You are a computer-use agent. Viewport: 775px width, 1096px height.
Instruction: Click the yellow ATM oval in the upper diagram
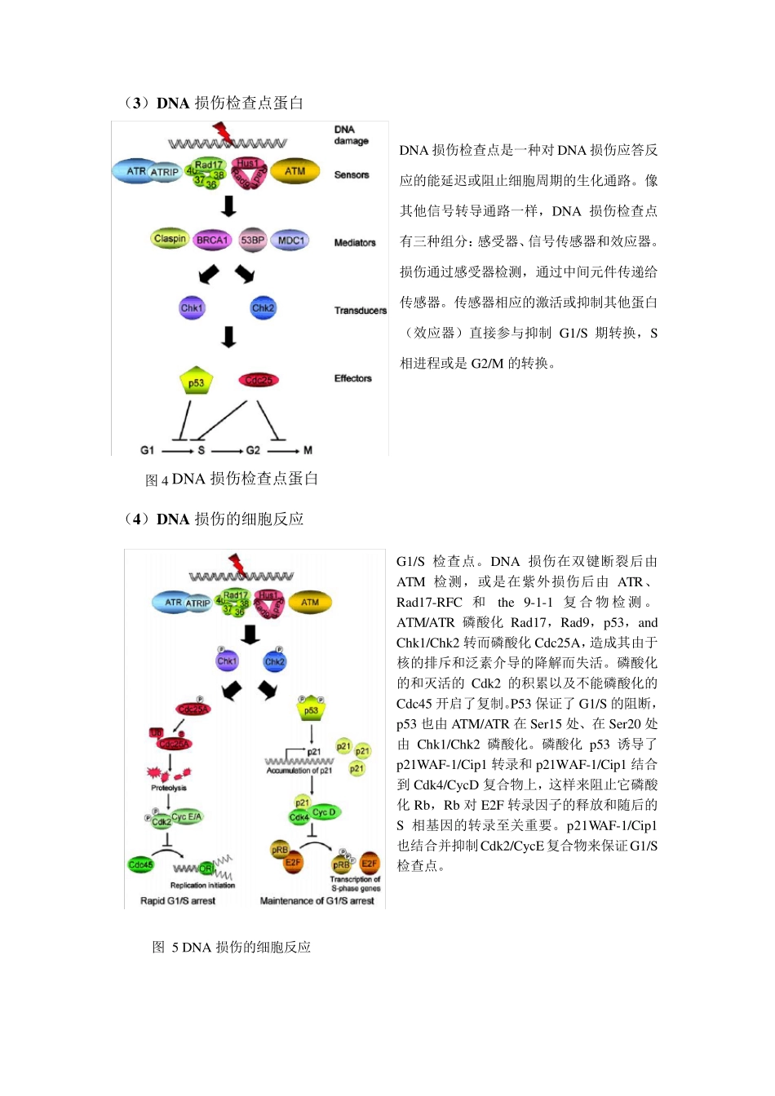click(x=294, y=171)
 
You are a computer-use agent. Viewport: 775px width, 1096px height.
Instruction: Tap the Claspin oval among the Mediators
click(x=170, y=239)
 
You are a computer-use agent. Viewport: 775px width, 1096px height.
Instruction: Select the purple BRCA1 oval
click(x=212, y=240)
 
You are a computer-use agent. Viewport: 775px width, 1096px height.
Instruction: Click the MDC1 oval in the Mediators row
click(x=290, y=240)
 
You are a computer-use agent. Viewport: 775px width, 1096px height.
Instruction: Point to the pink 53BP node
click(x=252, y=240)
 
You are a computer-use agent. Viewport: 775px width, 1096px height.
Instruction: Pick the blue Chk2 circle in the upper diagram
click(x=263, y=308)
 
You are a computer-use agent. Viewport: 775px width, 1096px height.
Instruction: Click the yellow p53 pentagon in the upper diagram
click(x=196, y=382)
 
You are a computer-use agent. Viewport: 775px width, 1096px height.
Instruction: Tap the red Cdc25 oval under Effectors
click(x=259, y=380)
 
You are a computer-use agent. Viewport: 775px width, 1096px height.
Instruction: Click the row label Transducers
click(x=360, y=311)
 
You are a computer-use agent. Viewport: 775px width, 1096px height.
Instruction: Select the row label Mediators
click(x=355, y=242)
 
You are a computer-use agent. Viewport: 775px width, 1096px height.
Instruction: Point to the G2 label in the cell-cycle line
click(x=253, y=450)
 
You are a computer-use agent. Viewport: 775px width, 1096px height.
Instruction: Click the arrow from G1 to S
click(x=177, y=450)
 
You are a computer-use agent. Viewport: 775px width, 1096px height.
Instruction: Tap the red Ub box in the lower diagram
click(x=156, y=732)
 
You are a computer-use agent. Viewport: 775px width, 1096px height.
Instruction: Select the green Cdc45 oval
click(x=140, y=864)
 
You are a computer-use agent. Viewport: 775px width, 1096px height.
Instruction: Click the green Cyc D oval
click(x=324, y=812)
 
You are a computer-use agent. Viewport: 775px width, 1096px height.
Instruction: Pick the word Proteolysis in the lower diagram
click(x=168, y=788)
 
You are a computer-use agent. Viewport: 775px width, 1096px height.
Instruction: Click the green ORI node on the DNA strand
click(x=206, y=868)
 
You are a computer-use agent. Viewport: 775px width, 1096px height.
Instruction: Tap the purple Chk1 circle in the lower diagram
click(x=227, y=661)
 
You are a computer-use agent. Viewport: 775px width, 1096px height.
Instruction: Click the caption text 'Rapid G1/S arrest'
click(x=178, y=901)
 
